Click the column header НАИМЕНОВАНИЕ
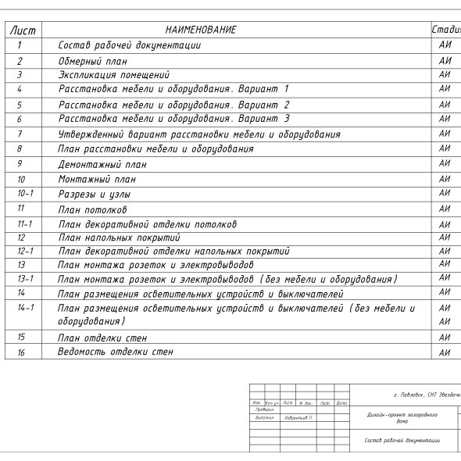201,30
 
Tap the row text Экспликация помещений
114,75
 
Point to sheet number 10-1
25,193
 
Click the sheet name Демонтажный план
102,165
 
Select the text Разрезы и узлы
95,194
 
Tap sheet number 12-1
25,252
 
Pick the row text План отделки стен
102,338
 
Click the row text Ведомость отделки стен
116,352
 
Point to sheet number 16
21,352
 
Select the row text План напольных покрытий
119,238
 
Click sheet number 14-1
25,308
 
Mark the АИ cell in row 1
445,45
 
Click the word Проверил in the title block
264,409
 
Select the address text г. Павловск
410,395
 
